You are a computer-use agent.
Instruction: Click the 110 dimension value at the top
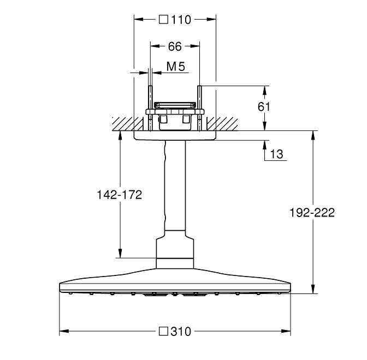pos(181,20)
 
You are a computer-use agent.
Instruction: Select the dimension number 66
pos(175,46)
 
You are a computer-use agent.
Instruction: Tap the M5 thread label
pos(176,67)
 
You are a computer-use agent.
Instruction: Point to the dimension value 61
pos(264,107)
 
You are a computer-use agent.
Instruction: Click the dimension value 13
pos(276,154)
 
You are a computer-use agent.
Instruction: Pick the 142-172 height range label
pos(120,195)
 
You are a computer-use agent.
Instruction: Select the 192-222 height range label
pos(312,213)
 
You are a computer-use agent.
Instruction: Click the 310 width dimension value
pos(181,332)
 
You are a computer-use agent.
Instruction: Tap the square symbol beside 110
pos(163,20)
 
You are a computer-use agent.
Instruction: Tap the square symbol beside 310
pos(163,331)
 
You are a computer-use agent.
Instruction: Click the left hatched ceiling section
pos(128,124)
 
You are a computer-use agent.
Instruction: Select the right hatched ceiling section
pos(222,124)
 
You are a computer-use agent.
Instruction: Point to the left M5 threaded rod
pos(151,108)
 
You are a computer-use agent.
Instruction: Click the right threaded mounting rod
pos(200,108)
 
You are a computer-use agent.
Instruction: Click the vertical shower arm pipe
pos(175,185)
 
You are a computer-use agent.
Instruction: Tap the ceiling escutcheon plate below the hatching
pos(175,136)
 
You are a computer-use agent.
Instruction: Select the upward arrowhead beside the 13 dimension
pos(264,146)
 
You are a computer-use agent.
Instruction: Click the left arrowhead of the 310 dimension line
pos(64,331)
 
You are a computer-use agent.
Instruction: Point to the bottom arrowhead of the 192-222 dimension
pos(313,289)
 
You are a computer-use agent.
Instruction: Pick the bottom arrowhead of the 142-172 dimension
pos(120,253)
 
